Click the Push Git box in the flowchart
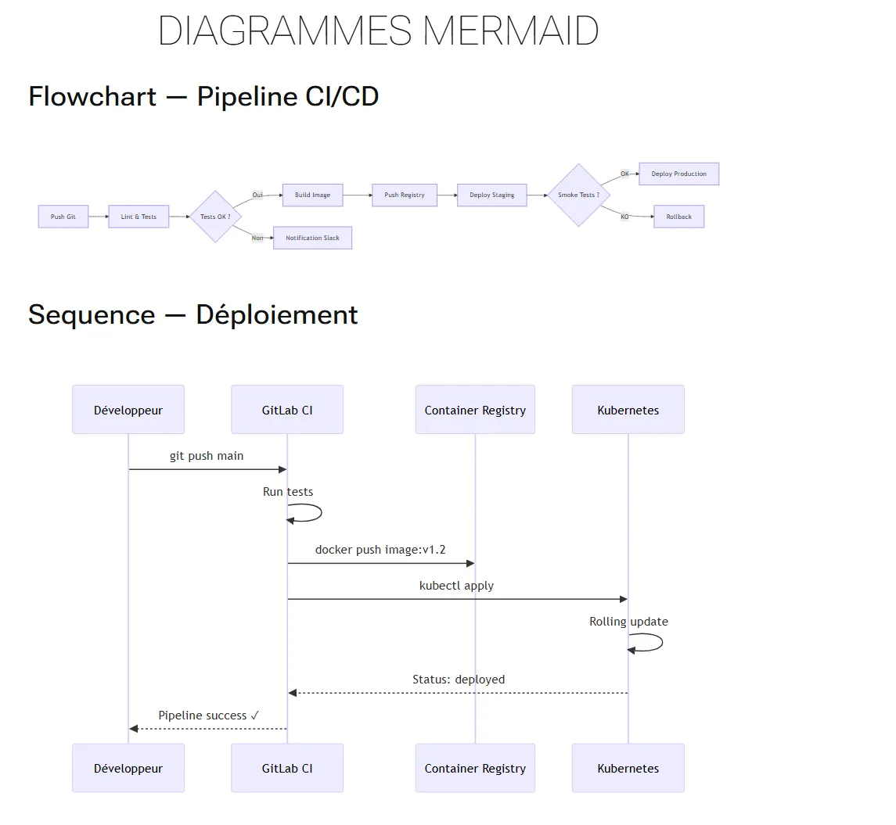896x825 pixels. (63, 217)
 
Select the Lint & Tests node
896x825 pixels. (139, 217)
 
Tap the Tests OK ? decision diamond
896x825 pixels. (215, 217)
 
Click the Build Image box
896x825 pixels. (312, 195)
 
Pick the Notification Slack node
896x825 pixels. (312, 238)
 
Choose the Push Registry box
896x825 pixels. (404, 195)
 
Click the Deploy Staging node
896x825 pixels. (491, 195)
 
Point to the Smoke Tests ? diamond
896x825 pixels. (578, 195)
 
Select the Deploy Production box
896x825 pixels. (678, 174)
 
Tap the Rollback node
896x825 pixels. (678, 217)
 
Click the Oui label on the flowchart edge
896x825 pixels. (257, 195)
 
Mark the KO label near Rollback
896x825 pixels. (624, 217)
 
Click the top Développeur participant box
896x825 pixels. (128, 410)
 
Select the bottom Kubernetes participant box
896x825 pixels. (628, 768)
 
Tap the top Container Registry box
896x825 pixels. (475, 410)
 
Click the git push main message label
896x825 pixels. (207, 456)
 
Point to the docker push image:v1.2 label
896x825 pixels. (380, 550)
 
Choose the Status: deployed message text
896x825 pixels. (459, 680)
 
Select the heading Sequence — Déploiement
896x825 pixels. (193, 314)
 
